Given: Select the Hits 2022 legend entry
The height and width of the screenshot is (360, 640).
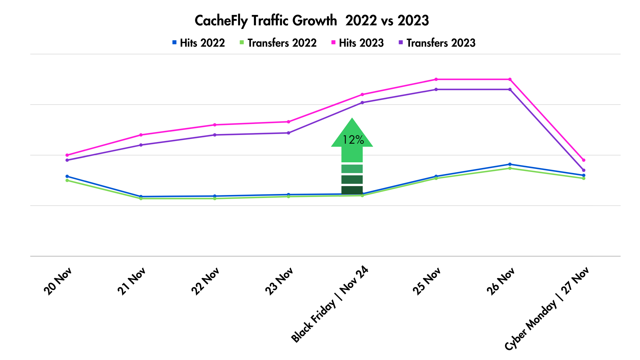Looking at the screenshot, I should coord(199,43).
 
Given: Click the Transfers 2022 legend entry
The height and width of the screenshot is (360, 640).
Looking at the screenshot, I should coord(278,43).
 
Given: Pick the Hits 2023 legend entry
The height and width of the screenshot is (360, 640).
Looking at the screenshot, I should coord(358,43).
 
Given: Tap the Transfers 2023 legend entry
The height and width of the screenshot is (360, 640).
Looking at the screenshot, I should coord(437,43).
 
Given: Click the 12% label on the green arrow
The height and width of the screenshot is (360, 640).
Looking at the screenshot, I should coord(353,140).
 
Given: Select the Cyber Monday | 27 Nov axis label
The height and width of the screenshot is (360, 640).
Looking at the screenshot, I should coord(547,308).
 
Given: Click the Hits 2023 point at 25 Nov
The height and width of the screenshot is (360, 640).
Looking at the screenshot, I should coord(436,79).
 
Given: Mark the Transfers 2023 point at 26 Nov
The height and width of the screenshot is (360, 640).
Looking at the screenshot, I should coord(510,89).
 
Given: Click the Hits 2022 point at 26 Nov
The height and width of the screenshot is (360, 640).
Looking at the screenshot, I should coord(510,164).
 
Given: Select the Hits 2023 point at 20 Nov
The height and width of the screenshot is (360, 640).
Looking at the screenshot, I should coord(67,155).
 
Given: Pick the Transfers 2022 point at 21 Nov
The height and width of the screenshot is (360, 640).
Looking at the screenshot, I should coord(141,199).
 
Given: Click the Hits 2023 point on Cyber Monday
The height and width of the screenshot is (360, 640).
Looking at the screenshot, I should coord(584,160).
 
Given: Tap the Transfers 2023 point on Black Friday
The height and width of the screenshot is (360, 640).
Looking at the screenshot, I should coord(362,103).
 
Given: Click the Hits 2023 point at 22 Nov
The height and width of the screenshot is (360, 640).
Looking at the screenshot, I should coord(215,125).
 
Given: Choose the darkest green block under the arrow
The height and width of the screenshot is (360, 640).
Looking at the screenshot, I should coord(352,190).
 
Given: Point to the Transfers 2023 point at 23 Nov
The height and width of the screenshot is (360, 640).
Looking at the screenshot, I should coord(289,133).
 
